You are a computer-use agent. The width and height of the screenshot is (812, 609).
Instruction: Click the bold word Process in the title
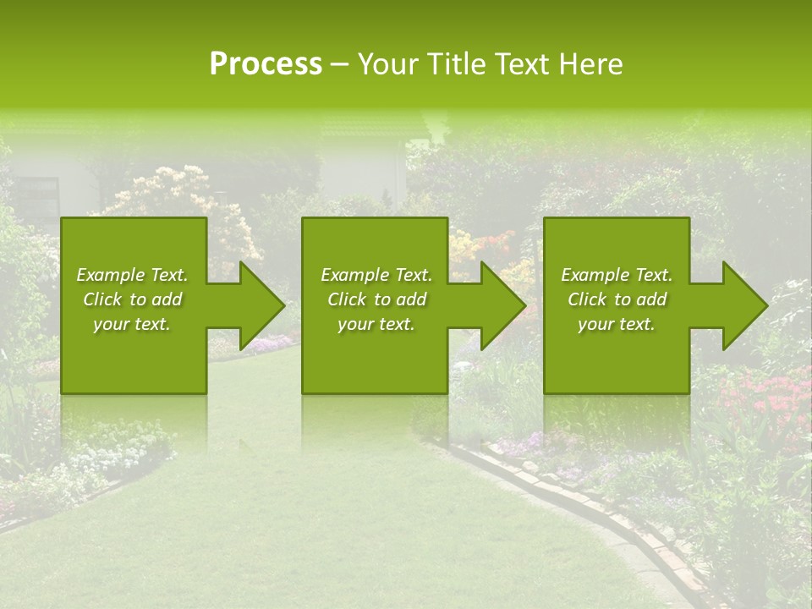[266, 63]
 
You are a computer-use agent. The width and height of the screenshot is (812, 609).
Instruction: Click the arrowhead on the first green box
[254, 305]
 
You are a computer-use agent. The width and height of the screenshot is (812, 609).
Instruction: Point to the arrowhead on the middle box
[496, 305]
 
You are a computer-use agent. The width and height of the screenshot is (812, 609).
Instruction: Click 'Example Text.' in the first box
[132, 275]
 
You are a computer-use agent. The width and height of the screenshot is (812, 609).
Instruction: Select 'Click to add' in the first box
[132, 299]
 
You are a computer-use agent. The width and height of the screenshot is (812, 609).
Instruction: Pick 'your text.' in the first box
[132, 324]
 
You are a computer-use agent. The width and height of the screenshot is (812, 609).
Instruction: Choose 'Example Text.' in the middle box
[376, 275]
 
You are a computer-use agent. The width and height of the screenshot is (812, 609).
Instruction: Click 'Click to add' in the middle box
[376, 299]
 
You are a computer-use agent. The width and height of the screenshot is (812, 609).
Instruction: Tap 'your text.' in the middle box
[376, 324]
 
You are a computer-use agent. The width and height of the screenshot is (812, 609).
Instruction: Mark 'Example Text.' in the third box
[617, 275]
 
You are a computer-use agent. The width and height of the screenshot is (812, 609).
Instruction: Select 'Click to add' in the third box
[617, 299]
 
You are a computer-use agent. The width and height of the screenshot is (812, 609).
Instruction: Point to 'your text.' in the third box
[617, 324]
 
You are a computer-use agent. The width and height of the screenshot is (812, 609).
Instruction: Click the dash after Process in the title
[339, 65]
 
